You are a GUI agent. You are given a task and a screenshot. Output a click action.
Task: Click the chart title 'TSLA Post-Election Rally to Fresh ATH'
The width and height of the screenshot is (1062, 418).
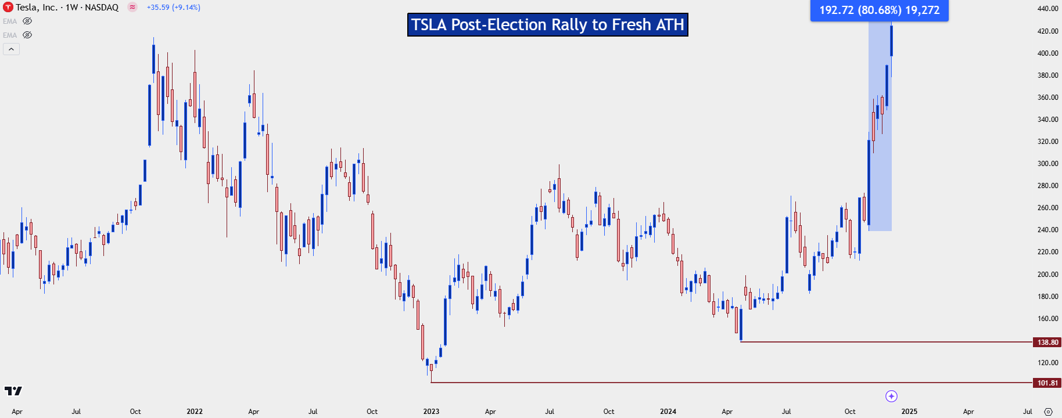point(547,25)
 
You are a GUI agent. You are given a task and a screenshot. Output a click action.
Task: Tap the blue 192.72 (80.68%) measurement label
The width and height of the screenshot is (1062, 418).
point(879,10)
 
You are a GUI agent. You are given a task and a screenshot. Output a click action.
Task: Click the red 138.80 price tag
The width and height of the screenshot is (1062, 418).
point(1047,342)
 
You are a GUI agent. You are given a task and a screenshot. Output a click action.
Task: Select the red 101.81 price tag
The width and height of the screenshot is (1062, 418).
point(1047,383)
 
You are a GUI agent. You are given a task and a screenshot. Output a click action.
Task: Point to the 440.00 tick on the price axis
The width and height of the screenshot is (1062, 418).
point(1047,9)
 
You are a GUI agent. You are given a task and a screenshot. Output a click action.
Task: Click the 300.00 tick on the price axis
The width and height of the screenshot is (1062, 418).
point(1047,164)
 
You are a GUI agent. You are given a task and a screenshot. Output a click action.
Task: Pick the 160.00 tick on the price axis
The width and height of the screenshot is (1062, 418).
point(1047,318)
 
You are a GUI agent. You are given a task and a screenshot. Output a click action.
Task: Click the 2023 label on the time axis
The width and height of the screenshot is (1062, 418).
point(431,411)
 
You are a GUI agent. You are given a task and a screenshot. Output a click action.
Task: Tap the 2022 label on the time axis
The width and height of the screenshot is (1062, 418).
point(195,411)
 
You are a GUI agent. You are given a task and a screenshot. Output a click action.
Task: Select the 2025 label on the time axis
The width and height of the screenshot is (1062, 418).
point(909,411)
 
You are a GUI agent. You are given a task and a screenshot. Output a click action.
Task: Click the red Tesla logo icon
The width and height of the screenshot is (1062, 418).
point(8,8)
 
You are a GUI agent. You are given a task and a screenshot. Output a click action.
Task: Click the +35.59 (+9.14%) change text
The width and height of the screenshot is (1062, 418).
point(173,8)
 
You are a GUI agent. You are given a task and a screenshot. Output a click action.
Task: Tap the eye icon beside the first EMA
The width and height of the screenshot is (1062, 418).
point(27,21)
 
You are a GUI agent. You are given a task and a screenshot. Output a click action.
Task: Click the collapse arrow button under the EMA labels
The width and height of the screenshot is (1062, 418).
point(11,49)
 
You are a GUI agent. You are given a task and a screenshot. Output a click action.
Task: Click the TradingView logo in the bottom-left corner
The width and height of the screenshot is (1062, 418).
point(13,391)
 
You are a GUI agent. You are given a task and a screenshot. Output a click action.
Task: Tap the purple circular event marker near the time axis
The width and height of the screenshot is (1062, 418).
point(891,396)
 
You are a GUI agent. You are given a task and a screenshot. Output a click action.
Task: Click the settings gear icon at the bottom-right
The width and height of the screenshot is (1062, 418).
point(1048,411)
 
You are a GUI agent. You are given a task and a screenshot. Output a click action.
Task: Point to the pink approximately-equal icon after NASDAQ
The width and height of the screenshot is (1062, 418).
point(132,8)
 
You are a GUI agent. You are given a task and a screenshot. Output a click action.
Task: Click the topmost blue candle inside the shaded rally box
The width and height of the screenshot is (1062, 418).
point(891,41)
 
